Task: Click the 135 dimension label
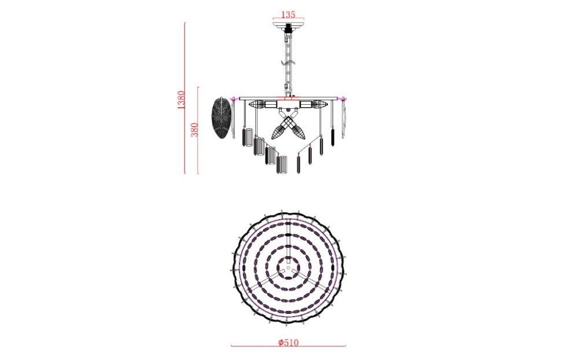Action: pos(287,14)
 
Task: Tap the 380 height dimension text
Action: pos(194,129)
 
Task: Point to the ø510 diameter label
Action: pos(287,342)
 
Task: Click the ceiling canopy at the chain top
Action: pos(287,25)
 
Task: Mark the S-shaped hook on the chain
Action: pos(287,62)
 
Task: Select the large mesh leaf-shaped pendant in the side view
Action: pos(221,117)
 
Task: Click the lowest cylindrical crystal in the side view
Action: pos(282,167)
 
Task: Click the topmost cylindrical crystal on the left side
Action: pos(248,138)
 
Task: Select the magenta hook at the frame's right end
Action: pos(344,98)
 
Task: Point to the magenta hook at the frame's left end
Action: pos(233,99)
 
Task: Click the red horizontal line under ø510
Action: pos(287,347)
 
